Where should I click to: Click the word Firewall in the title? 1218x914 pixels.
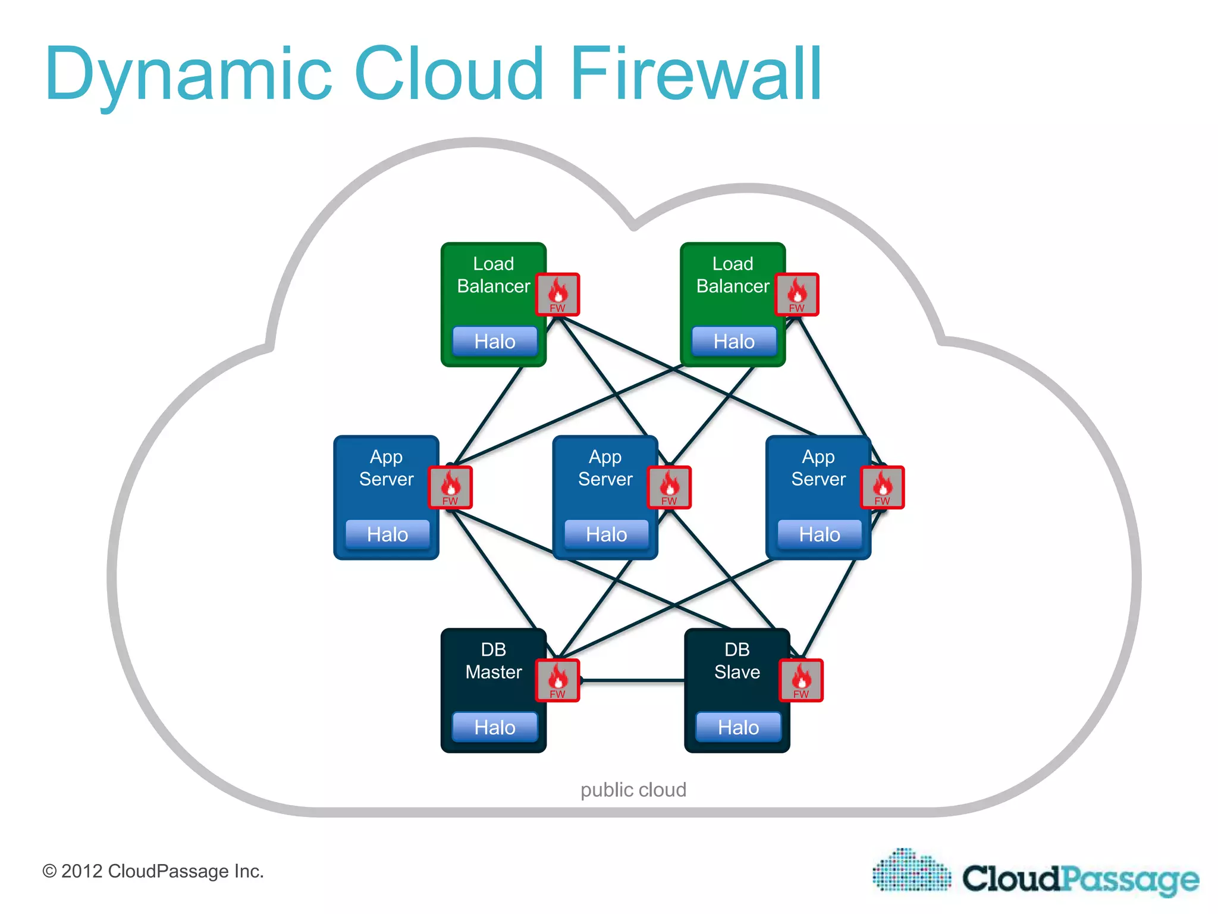696,74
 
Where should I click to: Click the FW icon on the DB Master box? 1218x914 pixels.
557,680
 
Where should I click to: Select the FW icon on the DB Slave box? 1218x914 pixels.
801,680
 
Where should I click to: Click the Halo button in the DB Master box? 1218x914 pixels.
494,727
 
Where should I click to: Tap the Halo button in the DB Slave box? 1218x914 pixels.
738,727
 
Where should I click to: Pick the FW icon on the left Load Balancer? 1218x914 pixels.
557,295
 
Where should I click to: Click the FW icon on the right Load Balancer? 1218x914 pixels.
797,295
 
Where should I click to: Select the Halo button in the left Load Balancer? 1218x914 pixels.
494,342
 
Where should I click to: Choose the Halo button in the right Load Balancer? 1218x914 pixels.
734,342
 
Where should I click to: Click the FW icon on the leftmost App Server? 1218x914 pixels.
450,487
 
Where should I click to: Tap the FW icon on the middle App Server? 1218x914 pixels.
669,487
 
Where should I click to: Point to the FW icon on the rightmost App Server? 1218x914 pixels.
882,487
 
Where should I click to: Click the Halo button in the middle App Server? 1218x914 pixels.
606,534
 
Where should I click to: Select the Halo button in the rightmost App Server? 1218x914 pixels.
819,534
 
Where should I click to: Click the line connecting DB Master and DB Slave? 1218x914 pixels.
632,680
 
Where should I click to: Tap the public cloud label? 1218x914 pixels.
633,790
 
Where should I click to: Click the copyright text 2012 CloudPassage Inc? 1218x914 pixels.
153,871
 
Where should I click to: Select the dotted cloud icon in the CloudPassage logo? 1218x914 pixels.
911,871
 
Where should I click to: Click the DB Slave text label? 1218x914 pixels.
737,661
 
